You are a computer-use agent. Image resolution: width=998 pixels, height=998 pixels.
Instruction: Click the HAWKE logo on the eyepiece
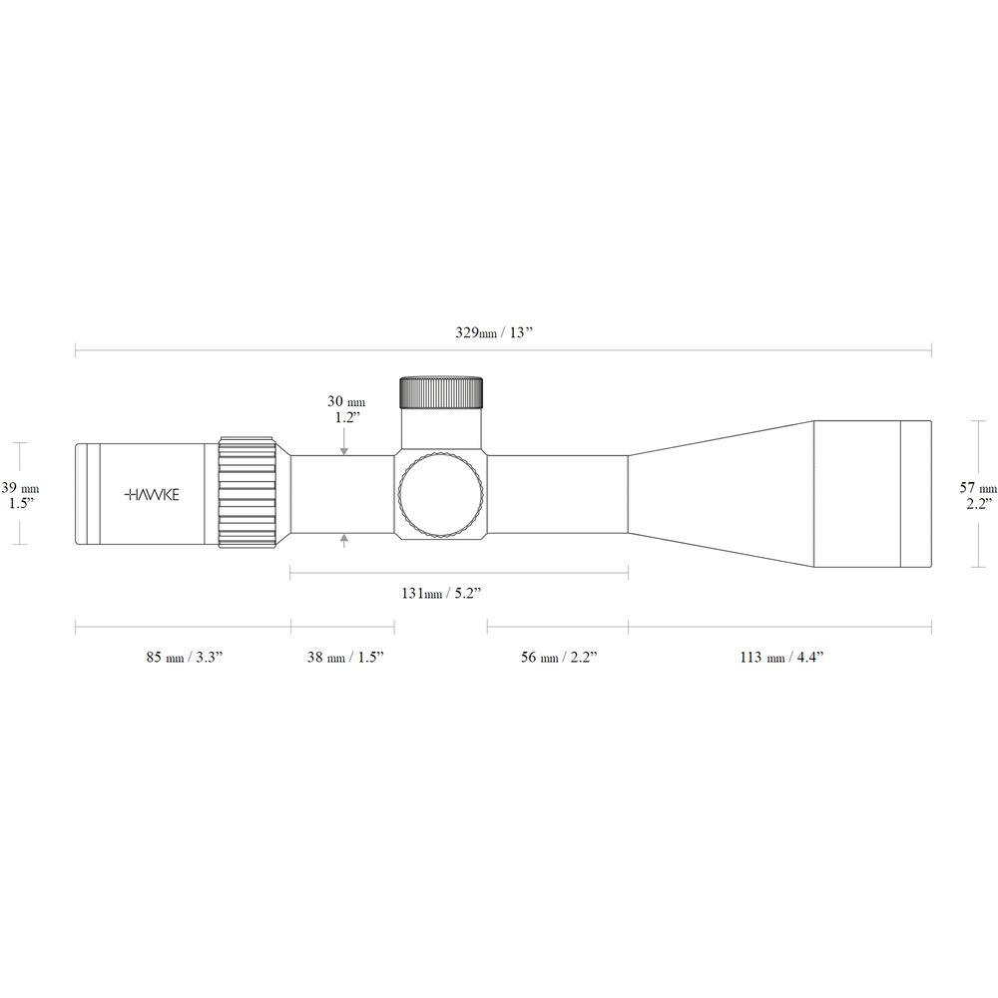(x=152, y=495)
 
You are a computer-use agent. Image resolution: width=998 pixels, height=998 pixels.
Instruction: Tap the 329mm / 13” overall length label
(x=493, y=332)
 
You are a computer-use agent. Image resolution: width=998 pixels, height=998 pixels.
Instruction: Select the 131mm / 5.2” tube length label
(x=440, y=593)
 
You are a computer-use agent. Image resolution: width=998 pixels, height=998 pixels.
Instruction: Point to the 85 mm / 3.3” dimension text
(x=185, y=657)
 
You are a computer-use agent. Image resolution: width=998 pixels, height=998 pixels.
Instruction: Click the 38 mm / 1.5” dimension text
(x=345, y=657)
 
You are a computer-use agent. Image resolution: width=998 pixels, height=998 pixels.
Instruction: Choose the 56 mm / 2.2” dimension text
(x=559, y=657)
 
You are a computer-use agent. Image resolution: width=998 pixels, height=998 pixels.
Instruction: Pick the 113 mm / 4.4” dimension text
(x=781, y=657)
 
